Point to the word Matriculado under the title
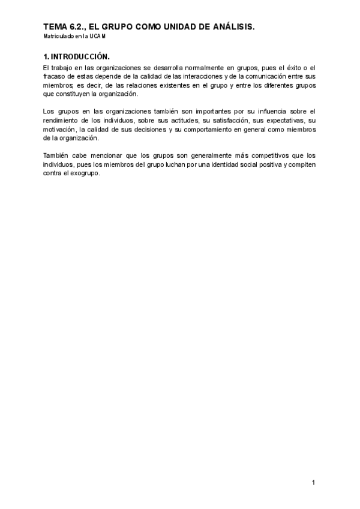(58, 37)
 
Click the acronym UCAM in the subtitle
(97, 37)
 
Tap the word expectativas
(276, 121)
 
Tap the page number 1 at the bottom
(313, 483)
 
